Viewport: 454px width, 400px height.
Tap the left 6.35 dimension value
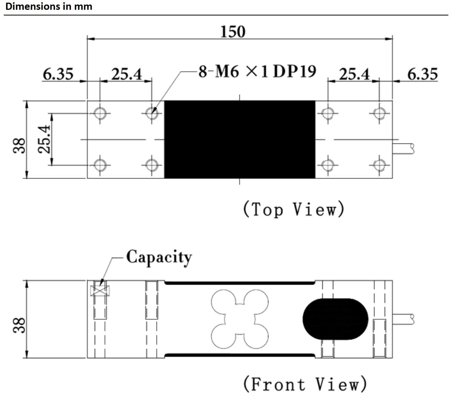click(x=58, y=74)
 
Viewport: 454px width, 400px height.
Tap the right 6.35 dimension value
click(x=422, y=74)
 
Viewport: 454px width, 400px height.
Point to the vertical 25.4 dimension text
click(x=45, y=139)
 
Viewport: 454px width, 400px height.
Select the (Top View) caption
click(x=294, y=209)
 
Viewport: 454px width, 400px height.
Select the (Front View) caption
click(x=305, y=384)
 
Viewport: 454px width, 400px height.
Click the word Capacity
click(x=159, y=257)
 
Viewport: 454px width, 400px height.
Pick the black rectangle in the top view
click(x=240, y=139)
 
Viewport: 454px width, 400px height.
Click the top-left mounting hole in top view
click(x=100, y=112)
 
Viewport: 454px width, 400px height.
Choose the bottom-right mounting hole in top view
click(x=379, y=165)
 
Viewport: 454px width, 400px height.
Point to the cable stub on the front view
click(x=403, y=319)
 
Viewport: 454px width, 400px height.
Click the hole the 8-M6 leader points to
click(x=152, y=112)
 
